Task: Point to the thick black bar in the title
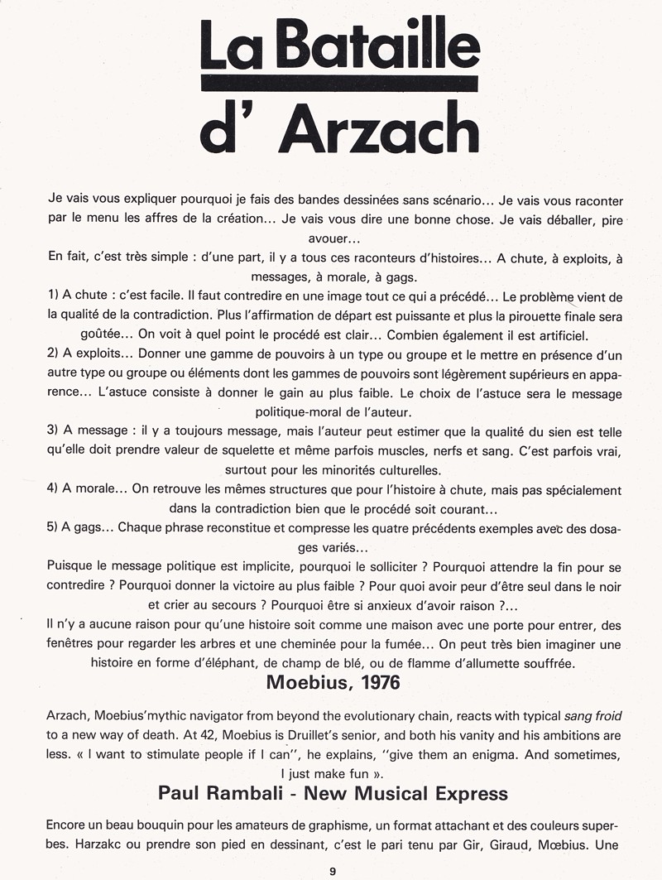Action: [339, 84]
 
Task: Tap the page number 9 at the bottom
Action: [332, 870]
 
